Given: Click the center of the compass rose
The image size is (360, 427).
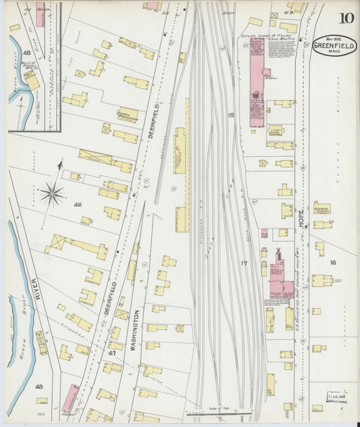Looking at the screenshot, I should pos(52,195).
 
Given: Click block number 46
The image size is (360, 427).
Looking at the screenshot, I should pos(78,204).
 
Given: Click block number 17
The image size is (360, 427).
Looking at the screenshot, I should pos(244,261).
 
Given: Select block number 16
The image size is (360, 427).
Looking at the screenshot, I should pos(332,261).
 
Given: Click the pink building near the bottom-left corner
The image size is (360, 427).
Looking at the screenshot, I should pos(70,398).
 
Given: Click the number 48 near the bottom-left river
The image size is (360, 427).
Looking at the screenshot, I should pos(39,386).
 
